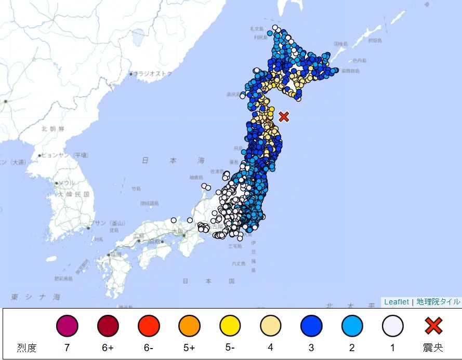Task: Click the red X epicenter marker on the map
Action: pyautogui.click(x=284, y=116)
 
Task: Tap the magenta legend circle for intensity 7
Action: pyautogui.click(x=67, y=326)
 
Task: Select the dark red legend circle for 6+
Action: pyautogui.click(x=108, y=326)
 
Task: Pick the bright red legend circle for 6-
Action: pyautogui.click(x=149, y=326)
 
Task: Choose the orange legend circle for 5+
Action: pyautogui.click(x=189, y=326)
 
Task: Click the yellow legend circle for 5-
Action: pyautogui.click(x=230, y=326)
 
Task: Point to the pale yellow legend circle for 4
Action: pyautogui.click(x=271, y=326)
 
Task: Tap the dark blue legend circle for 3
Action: pyautogui.click(x=311, y=326)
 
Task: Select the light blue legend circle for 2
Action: pyautogui.click(x=352, y=326)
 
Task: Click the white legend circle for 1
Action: pyautogui.click(x=393, y=326)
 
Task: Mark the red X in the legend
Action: pyautogui.click(x=433, y=326)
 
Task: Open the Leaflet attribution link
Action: pyautogui.click(x=397, y=302)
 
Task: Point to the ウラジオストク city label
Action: pyautogui.click(x=153, y=74)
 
